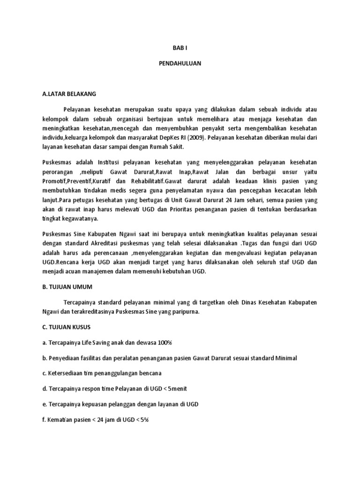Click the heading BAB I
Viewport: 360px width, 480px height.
[x=180, y=48]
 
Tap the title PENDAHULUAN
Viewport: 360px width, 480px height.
[x=180, y=64]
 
